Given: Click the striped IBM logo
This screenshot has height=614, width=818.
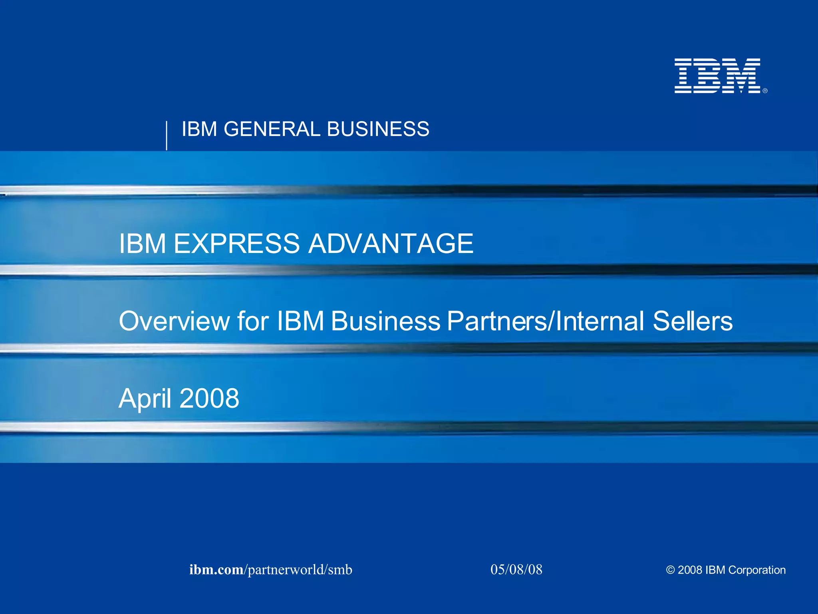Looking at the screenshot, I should coord(717,76).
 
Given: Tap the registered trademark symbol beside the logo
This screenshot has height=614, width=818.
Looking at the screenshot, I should coord(765,91).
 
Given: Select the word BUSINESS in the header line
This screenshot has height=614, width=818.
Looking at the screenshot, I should coord(378,129).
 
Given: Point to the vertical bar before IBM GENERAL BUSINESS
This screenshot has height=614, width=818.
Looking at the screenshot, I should coord(167,136).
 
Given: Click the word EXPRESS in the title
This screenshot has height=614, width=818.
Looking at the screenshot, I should coord(236,243).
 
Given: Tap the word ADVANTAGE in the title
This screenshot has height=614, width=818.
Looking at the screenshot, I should coord(391,243).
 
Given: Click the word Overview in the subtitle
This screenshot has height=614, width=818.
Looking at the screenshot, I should coord(175,321).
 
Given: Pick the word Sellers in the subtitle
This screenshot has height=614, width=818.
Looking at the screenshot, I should coord(693,321).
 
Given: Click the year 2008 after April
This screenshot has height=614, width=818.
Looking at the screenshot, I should coord(209,399).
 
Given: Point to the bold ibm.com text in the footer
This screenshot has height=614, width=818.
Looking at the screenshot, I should coord(216,570).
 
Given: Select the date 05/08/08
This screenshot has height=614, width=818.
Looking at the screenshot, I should coord(516,570).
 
